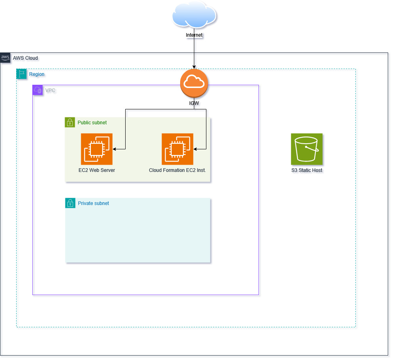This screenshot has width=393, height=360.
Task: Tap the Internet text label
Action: pos(194,35)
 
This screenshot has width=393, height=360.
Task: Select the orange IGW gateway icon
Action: pos(194,83)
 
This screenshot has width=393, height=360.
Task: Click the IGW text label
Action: pos(194,103)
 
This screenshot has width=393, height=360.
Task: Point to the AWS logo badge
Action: pos(5,57)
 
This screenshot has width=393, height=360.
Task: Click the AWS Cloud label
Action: pos(25,58)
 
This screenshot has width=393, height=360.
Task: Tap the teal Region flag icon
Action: pos(21,74)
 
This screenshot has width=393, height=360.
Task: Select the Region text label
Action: pos(37,74)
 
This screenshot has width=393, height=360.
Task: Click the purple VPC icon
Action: pos(38,90)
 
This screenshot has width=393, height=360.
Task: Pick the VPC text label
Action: pos(50,90)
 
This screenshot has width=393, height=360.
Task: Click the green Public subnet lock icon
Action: pos(70,122)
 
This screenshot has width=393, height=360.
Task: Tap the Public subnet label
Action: pos(92,122)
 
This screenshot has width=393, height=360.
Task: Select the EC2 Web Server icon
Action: pos(97,149)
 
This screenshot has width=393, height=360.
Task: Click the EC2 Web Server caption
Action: pos(97,170)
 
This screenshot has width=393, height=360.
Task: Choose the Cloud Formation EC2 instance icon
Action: pos(177,149)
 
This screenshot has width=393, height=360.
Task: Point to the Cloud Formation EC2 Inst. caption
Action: pos(177,170)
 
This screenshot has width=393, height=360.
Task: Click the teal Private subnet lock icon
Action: pos(70,203)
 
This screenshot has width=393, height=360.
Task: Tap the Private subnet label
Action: pos(93,203)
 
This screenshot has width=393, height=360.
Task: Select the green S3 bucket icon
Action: pos(307,149)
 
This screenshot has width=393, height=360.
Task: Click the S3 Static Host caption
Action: pos(307,170)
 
